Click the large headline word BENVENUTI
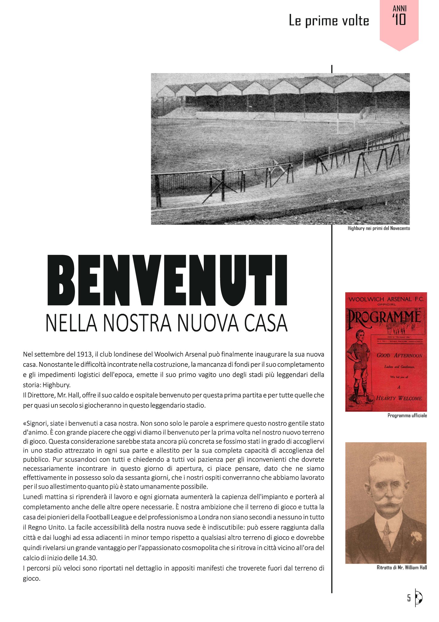point(167,280)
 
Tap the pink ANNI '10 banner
point(399,21)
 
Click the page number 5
point(409,598)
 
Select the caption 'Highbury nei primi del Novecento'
point(379,228)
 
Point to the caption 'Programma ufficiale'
point(407,415)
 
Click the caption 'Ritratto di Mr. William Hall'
point(401,567)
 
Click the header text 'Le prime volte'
point(329,21)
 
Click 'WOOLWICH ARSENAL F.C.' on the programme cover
point(386,299)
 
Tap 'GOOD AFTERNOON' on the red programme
point(399,355)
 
